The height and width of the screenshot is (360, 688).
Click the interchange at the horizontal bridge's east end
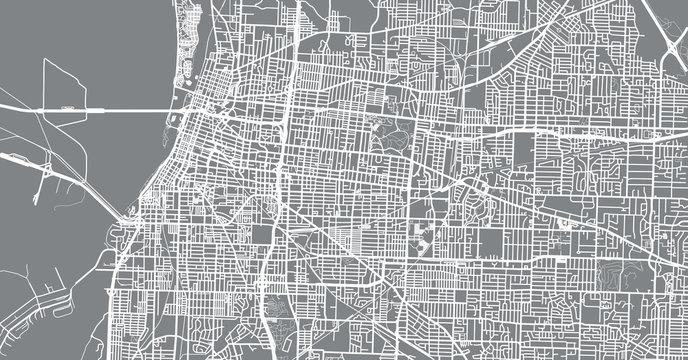180,108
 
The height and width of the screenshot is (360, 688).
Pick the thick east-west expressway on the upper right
560,130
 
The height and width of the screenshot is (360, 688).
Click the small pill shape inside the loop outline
68,103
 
